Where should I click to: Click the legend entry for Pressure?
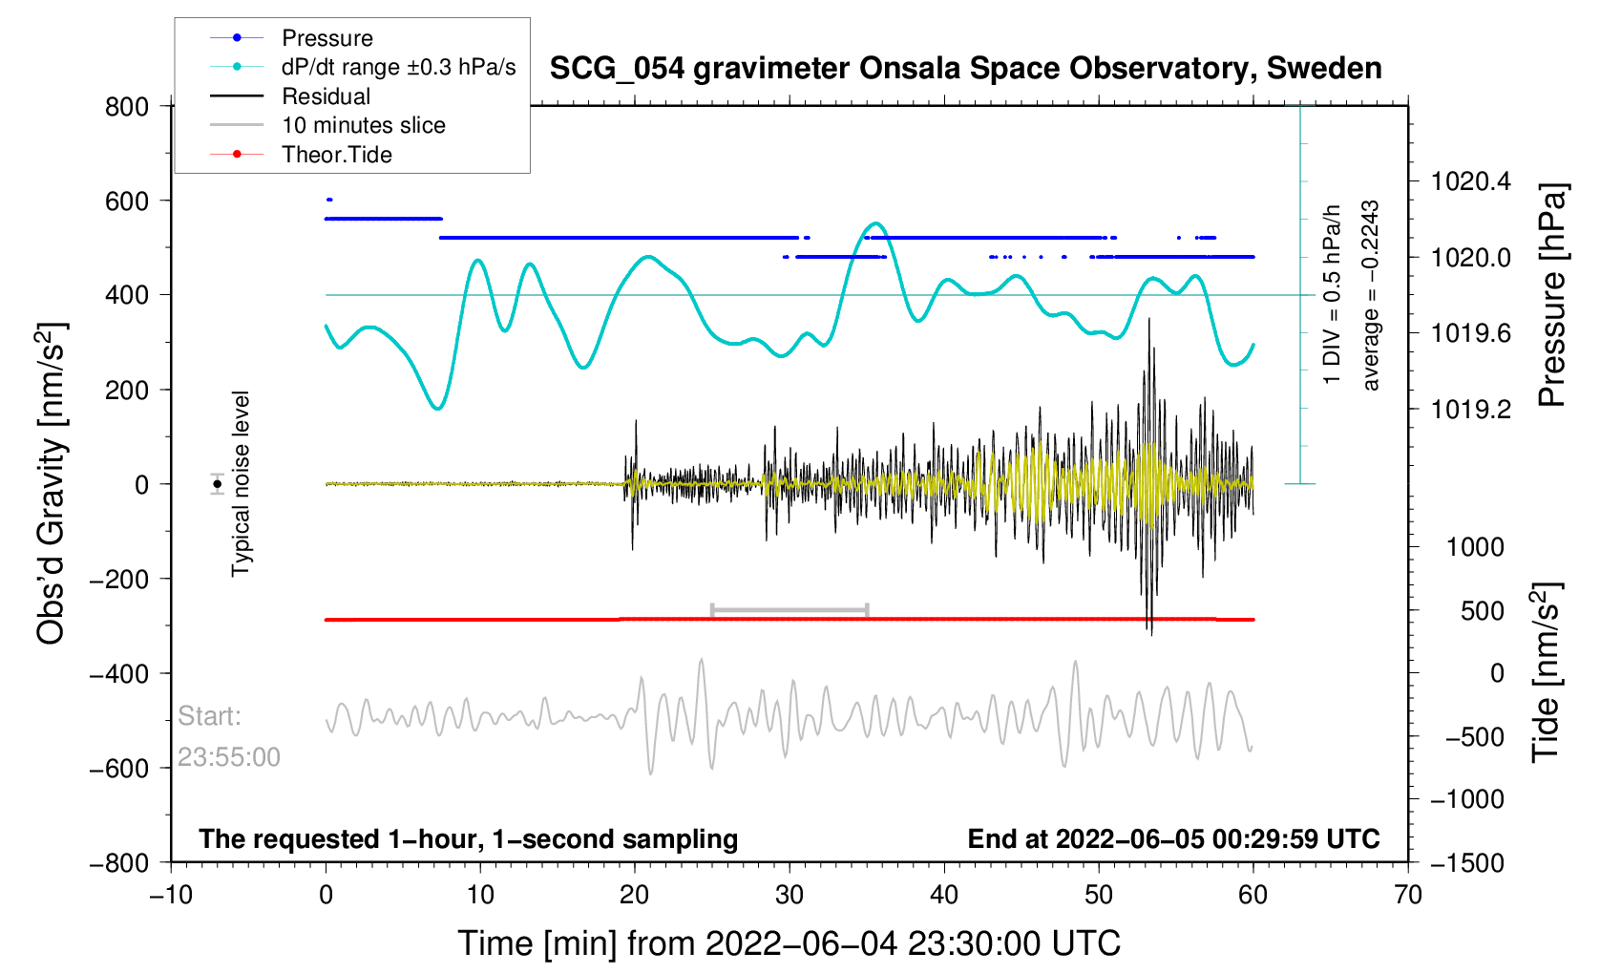326,38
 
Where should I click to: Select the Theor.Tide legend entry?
336,155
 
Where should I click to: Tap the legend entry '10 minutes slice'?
363,125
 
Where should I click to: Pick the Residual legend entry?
326,96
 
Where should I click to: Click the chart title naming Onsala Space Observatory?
965,69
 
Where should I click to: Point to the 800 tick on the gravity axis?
127,106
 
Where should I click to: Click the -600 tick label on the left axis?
120,768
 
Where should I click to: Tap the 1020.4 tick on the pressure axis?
1471,181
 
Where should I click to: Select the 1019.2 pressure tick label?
1471,410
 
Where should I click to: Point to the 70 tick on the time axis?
1408,895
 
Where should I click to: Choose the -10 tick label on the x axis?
171,895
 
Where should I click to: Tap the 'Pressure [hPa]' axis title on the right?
1552,296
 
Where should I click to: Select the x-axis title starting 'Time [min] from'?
789,943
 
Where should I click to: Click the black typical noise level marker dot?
218,484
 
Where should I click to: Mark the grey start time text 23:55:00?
229,757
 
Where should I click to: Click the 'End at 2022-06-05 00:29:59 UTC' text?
1173,839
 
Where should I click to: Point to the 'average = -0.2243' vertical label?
1371,296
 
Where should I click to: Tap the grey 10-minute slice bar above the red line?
789,609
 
